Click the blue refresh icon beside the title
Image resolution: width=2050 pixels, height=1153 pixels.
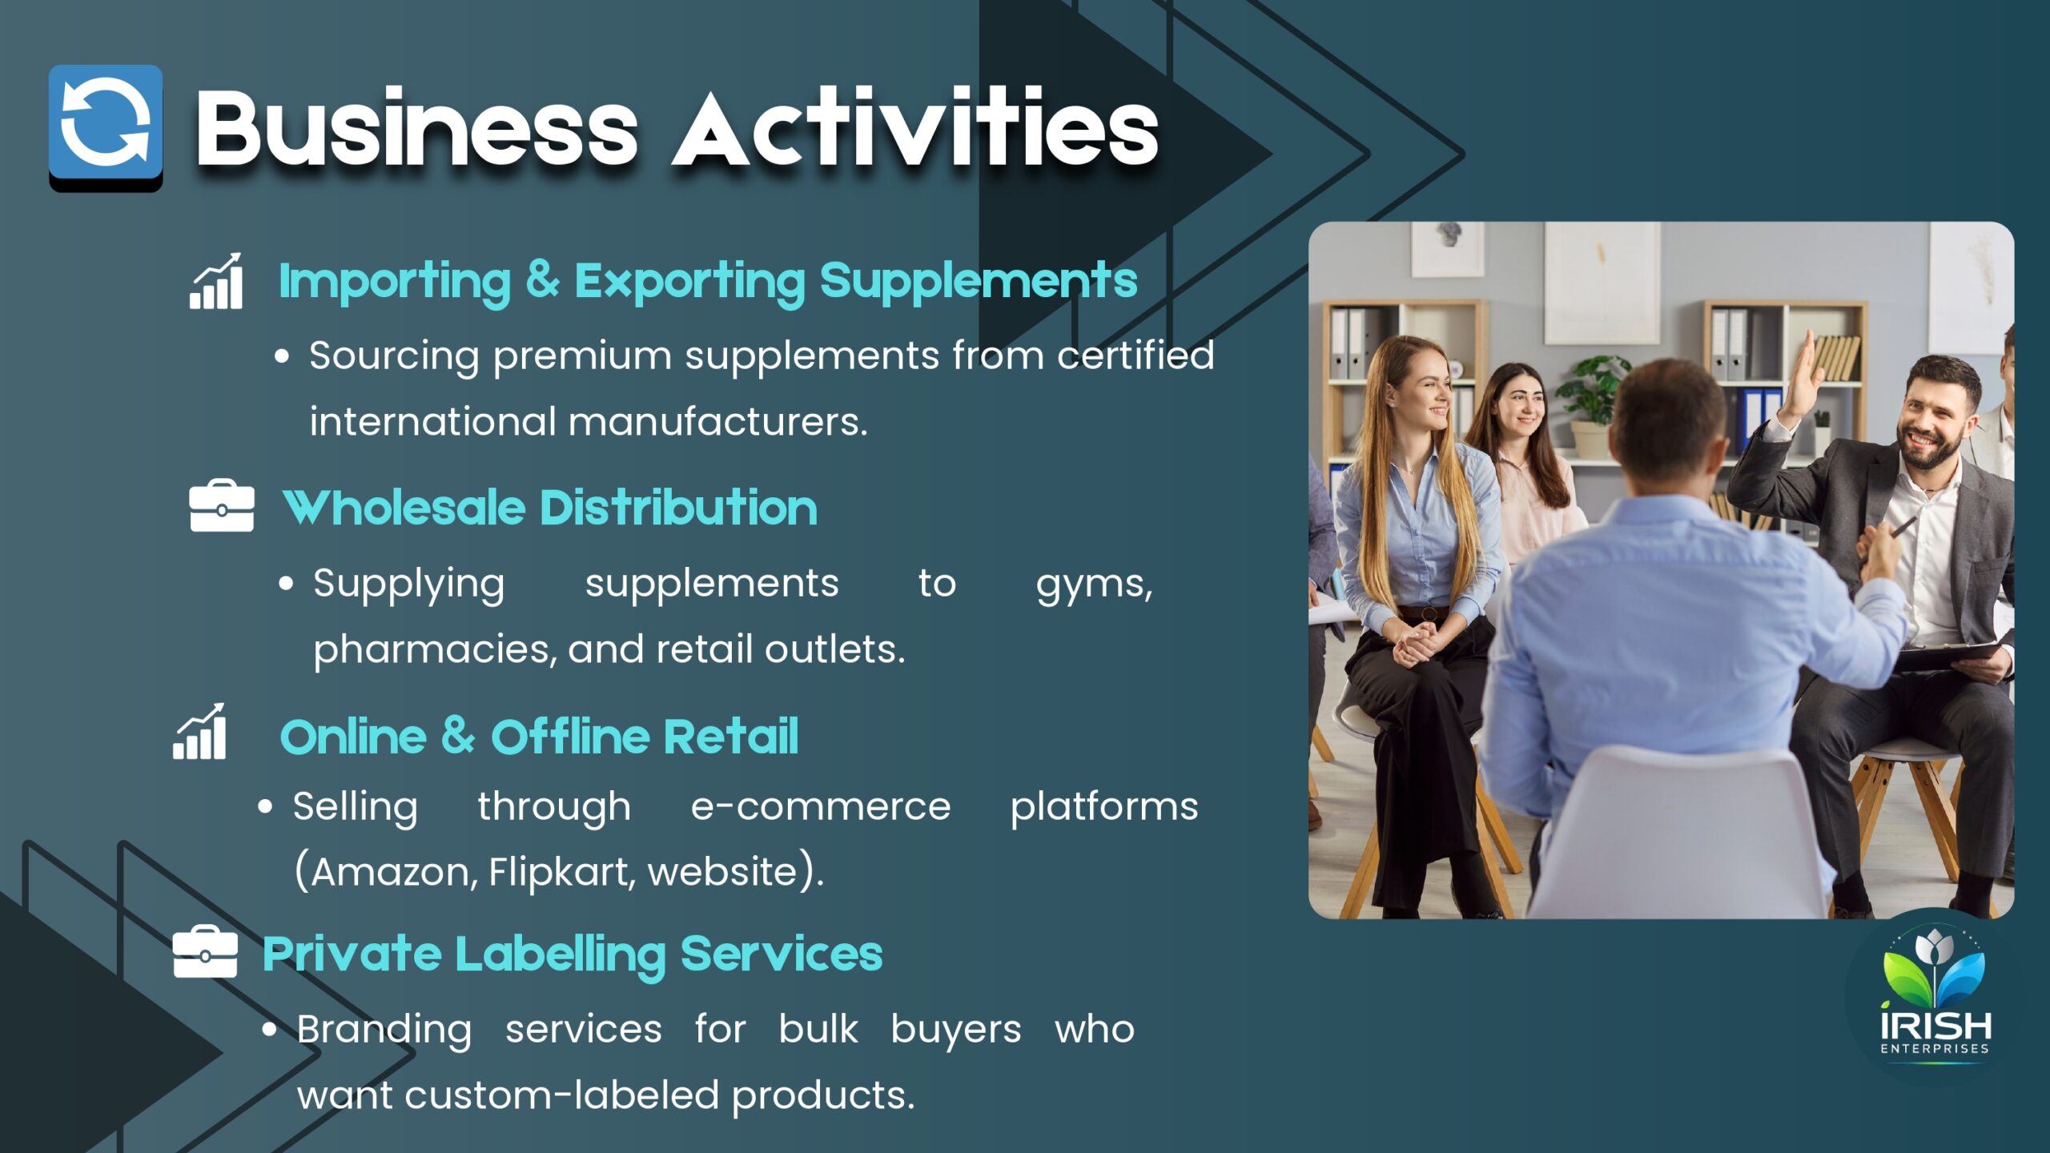(x=106, y=127)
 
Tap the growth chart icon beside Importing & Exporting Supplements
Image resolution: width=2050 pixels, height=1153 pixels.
(x=215, y=281)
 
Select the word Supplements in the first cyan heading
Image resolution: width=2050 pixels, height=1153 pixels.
(x=978, y=282)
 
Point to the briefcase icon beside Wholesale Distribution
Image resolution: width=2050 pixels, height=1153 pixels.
(x=222, y=506)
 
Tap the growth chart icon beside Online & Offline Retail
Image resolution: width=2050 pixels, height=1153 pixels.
(x=199, y=731)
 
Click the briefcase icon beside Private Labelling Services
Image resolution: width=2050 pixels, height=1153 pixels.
(x=205, y=951)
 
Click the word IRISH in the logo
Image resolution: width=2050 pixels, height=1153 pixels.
(x=1935, y=1026)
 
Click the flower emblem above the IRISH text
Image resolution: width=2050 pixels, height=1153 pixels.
(x=1934, y=967)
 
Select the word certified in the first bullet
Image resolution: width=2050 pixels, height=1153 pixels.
(x=1136, y=355)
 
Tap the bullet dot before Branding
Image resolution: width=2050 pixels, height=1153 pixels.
(x=270, y=1030)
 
